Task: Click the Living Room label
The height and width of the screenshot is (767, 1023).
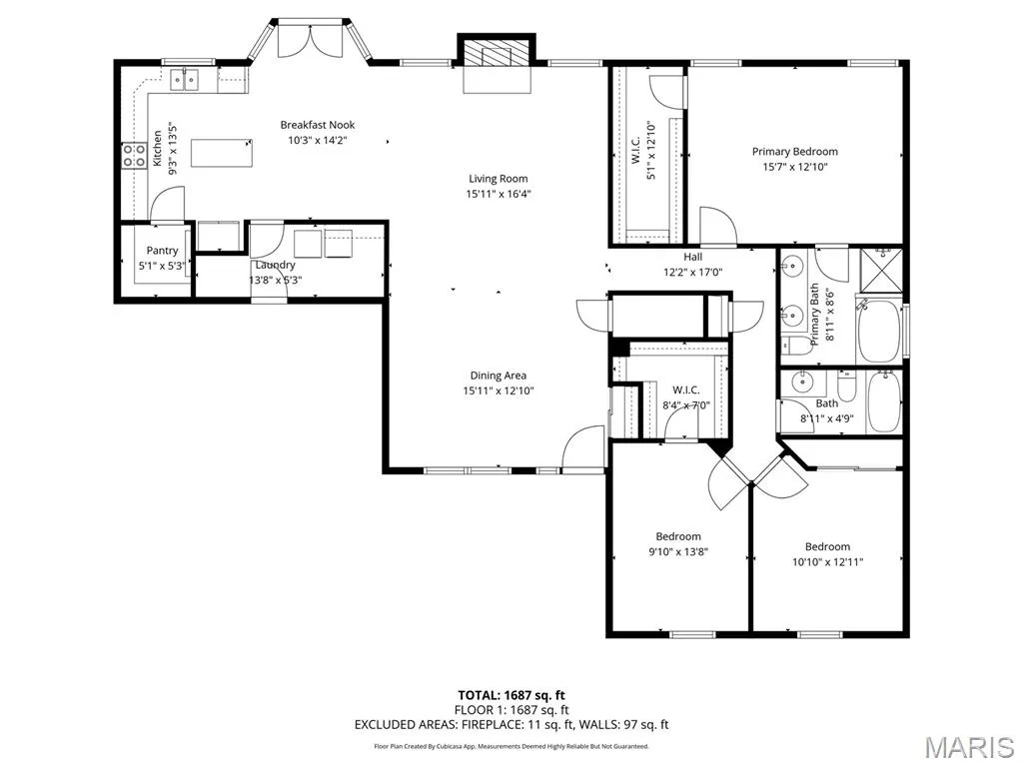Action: click(x=498, y=179)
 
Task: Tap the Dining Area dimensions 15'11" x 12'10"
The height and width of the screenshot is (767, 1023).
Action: click(x=498, y=390)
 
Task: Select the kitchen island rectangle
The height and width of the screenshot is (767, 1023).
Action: click(x=222, y=153)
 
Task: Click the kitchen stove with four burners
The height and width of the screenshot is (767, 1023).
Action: click(x=134, y=156)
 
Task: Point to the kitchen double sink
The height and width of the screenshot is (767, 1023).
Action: click(x=185, y=80)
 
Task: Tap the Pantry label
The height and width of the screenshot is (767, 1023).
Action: click(x=162, y=251)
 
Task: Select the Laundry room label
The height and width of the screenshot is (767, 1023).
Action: click(x=275, y=265)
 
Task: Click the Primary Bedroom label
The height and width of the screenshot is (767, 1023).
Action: click(x=794, y=152)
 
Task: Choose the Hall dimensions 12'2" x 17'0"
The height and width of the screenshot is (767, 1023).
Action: click(x=693, y=272)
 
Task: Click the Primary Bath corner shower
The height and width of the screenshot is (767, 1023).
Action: click(x=881, y=272)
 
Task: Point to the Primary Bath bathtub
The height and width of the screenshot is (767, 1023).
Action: click(x=879, y=332)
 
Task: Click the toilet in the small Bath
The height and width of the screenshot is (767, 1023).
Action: click(x=846, y=386)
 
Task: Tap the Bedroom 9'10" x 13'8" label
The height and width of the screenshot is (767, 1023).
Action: click(x=678, y=544)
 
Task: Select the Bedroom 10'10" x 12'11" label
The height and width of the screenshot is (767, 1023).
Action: click(x=827, y=554)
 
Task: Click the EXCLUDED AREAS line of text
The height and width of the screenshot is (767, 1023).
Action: click(x=511, y=725)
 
